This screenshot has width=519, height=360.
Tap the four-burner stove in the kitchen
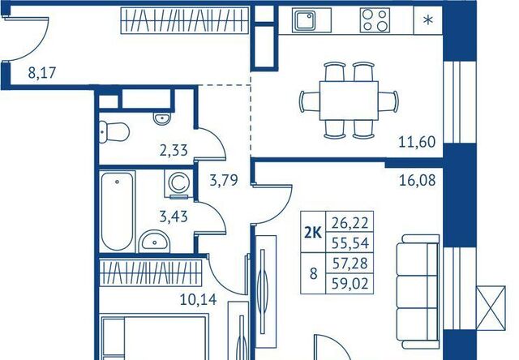[375, 20]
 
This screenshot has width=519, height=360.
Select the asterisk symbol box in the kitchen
[428, 20]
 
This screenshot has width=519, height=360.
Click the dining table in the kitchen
[349, 101]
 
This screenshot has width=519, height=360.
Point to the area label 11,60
[417, 142]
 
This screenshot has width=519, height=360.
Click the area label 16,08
[417, 181]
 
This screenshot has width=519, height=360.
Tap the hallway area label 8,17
[42, 73]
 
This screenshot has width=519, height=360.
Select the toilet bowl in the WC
[114, 132]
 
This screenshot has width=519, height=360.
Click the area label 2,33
[174, 151]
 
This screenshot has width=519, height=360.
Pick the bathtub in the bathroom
[117, 211]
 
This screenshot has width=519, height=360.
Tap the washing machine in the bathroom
[178, 183]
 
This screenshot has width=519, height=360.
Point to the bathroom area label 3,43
[174, 216]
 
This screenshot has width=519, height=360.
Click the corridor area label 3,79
[224, 181]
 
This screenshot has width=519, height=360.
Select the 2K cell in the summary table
[313, 232]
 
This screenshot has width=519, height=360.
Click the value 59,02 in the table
[350, 284]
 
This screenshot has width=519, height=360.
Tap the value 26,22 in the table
[350, 223]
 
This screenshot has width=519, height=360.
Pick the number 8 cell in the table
[313, 273]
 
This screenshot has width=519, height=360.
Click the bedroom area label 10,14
[198, 300]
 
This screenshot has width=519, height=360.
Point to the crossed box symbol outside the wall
[491, 308]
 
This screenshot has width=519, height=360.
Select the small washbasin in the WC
[162, 118]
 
